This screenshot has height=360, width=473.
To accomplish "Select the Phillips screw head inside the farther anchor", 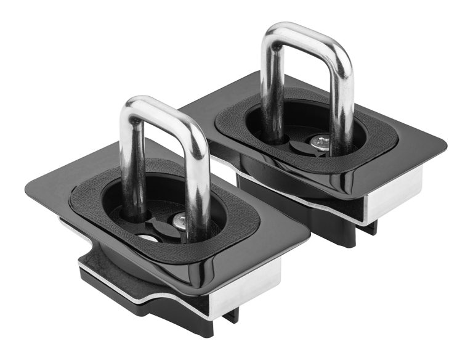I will (x=320, y=142).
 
